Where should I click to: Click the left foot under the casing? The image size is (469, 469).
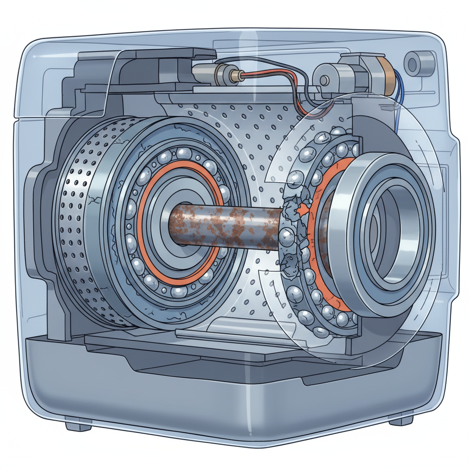tap(77, 426)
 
